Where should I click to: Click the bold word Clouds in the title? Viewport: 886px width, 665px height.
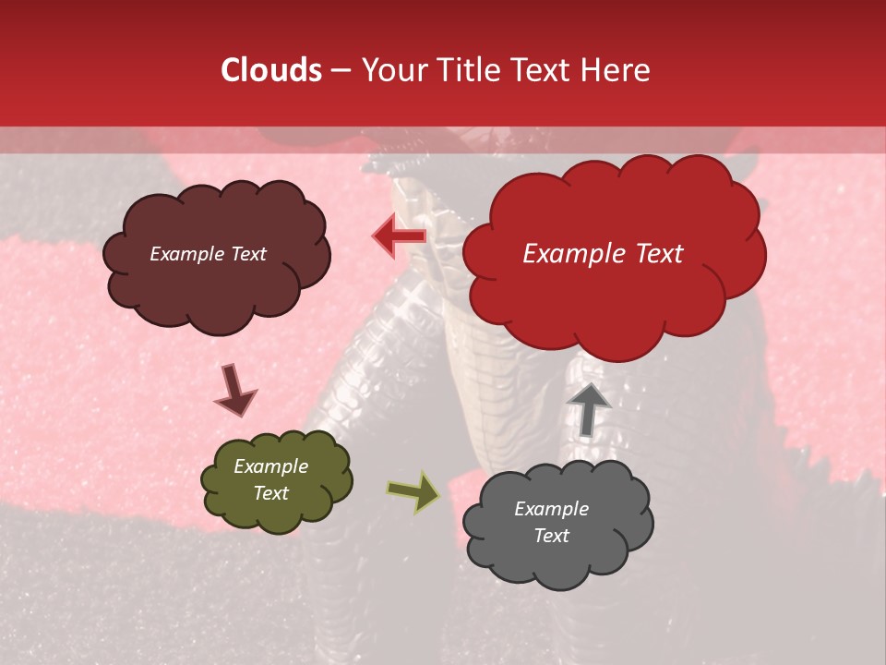tap(272, 70)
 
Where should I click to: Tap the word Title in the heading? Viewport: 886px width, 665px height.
tap(469, 70)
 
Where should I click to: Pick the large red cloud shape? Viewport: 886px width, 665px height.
tap(613, 296)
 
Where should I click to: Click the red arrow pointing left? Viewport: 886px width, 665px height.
tap(400, 236)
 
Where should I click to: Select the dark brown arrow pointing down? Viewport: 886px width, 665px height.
tap(234, 391)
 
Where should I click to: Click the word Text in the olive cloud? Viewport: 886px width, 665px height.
tap(271, 493)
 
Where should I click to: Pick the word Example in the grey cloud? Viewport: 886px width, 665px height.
tap(551, 509)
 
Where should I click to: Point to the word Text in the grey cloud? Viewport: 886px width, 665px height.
tap(551, 536)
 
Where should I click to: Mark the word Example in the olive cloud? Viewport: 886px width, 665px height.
tap(270, 466)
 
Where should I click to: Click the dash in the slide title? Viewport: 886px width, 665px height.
tap(340, 71)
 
